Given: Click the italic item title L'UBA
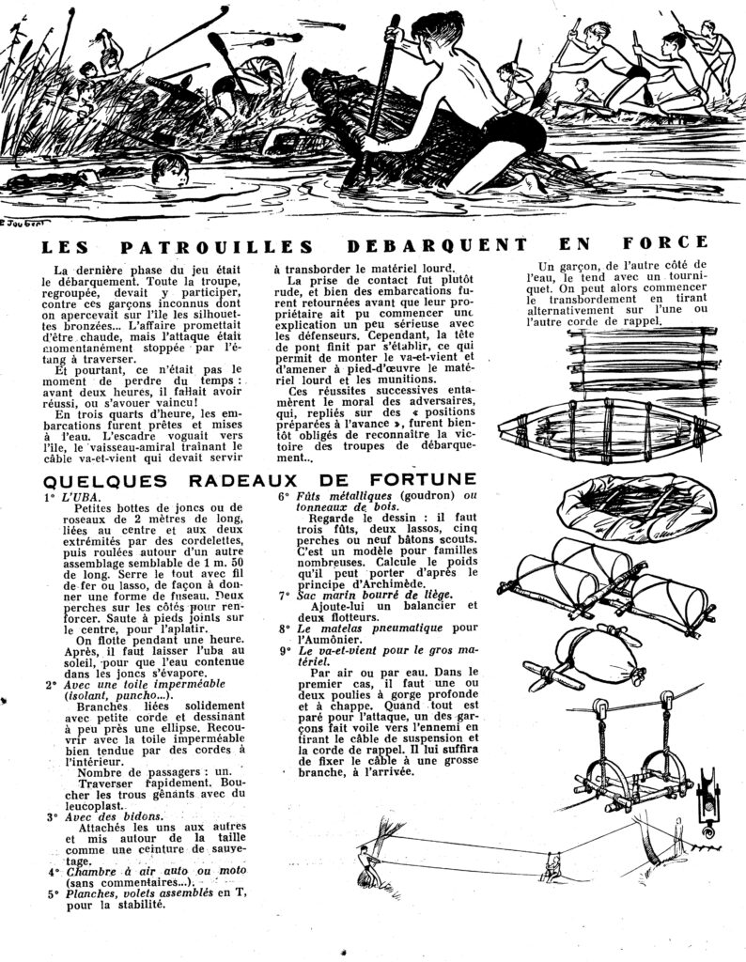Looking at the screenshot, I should coord(80,497).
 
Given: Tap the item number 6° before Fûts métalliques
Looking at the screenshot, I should coord(282,497).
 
